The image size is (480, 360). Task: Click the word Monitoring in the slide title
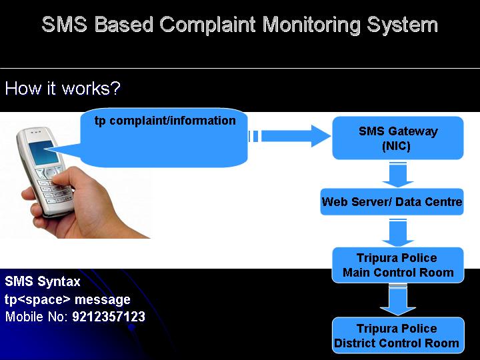point(311,25)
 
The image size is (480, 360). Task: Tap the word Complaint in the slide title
point(207,25)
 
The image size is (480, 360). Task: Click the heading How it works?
point(63,89)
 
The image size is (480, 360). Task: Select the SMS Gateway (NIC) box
point(398,138)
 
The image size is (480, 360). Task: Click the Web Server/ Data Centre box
point(392,202)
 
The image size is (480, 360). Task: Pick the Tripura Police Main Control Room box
point(398,265)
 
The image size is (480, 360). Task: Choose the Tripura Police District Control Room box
point(398,335)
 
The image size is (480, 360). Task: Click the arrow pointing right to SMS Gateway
point(289,136)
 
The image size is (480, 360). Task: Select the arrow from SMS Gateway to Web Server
point(398,175)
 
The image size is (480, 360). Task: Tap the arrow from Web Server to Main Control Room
point(398,233)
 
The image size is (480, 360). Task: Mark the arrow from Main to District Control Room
point(398,301)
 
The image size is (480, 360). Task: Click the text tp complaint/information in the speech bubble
point(165,121)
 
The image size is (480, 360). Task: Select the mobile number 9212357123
point(109,317)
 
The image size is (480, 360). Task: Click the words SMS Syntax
point(43,281)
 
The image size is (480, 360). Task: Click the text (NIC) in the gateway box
point(396,146)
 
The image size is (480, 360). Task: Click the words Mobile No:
point(37,317)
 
